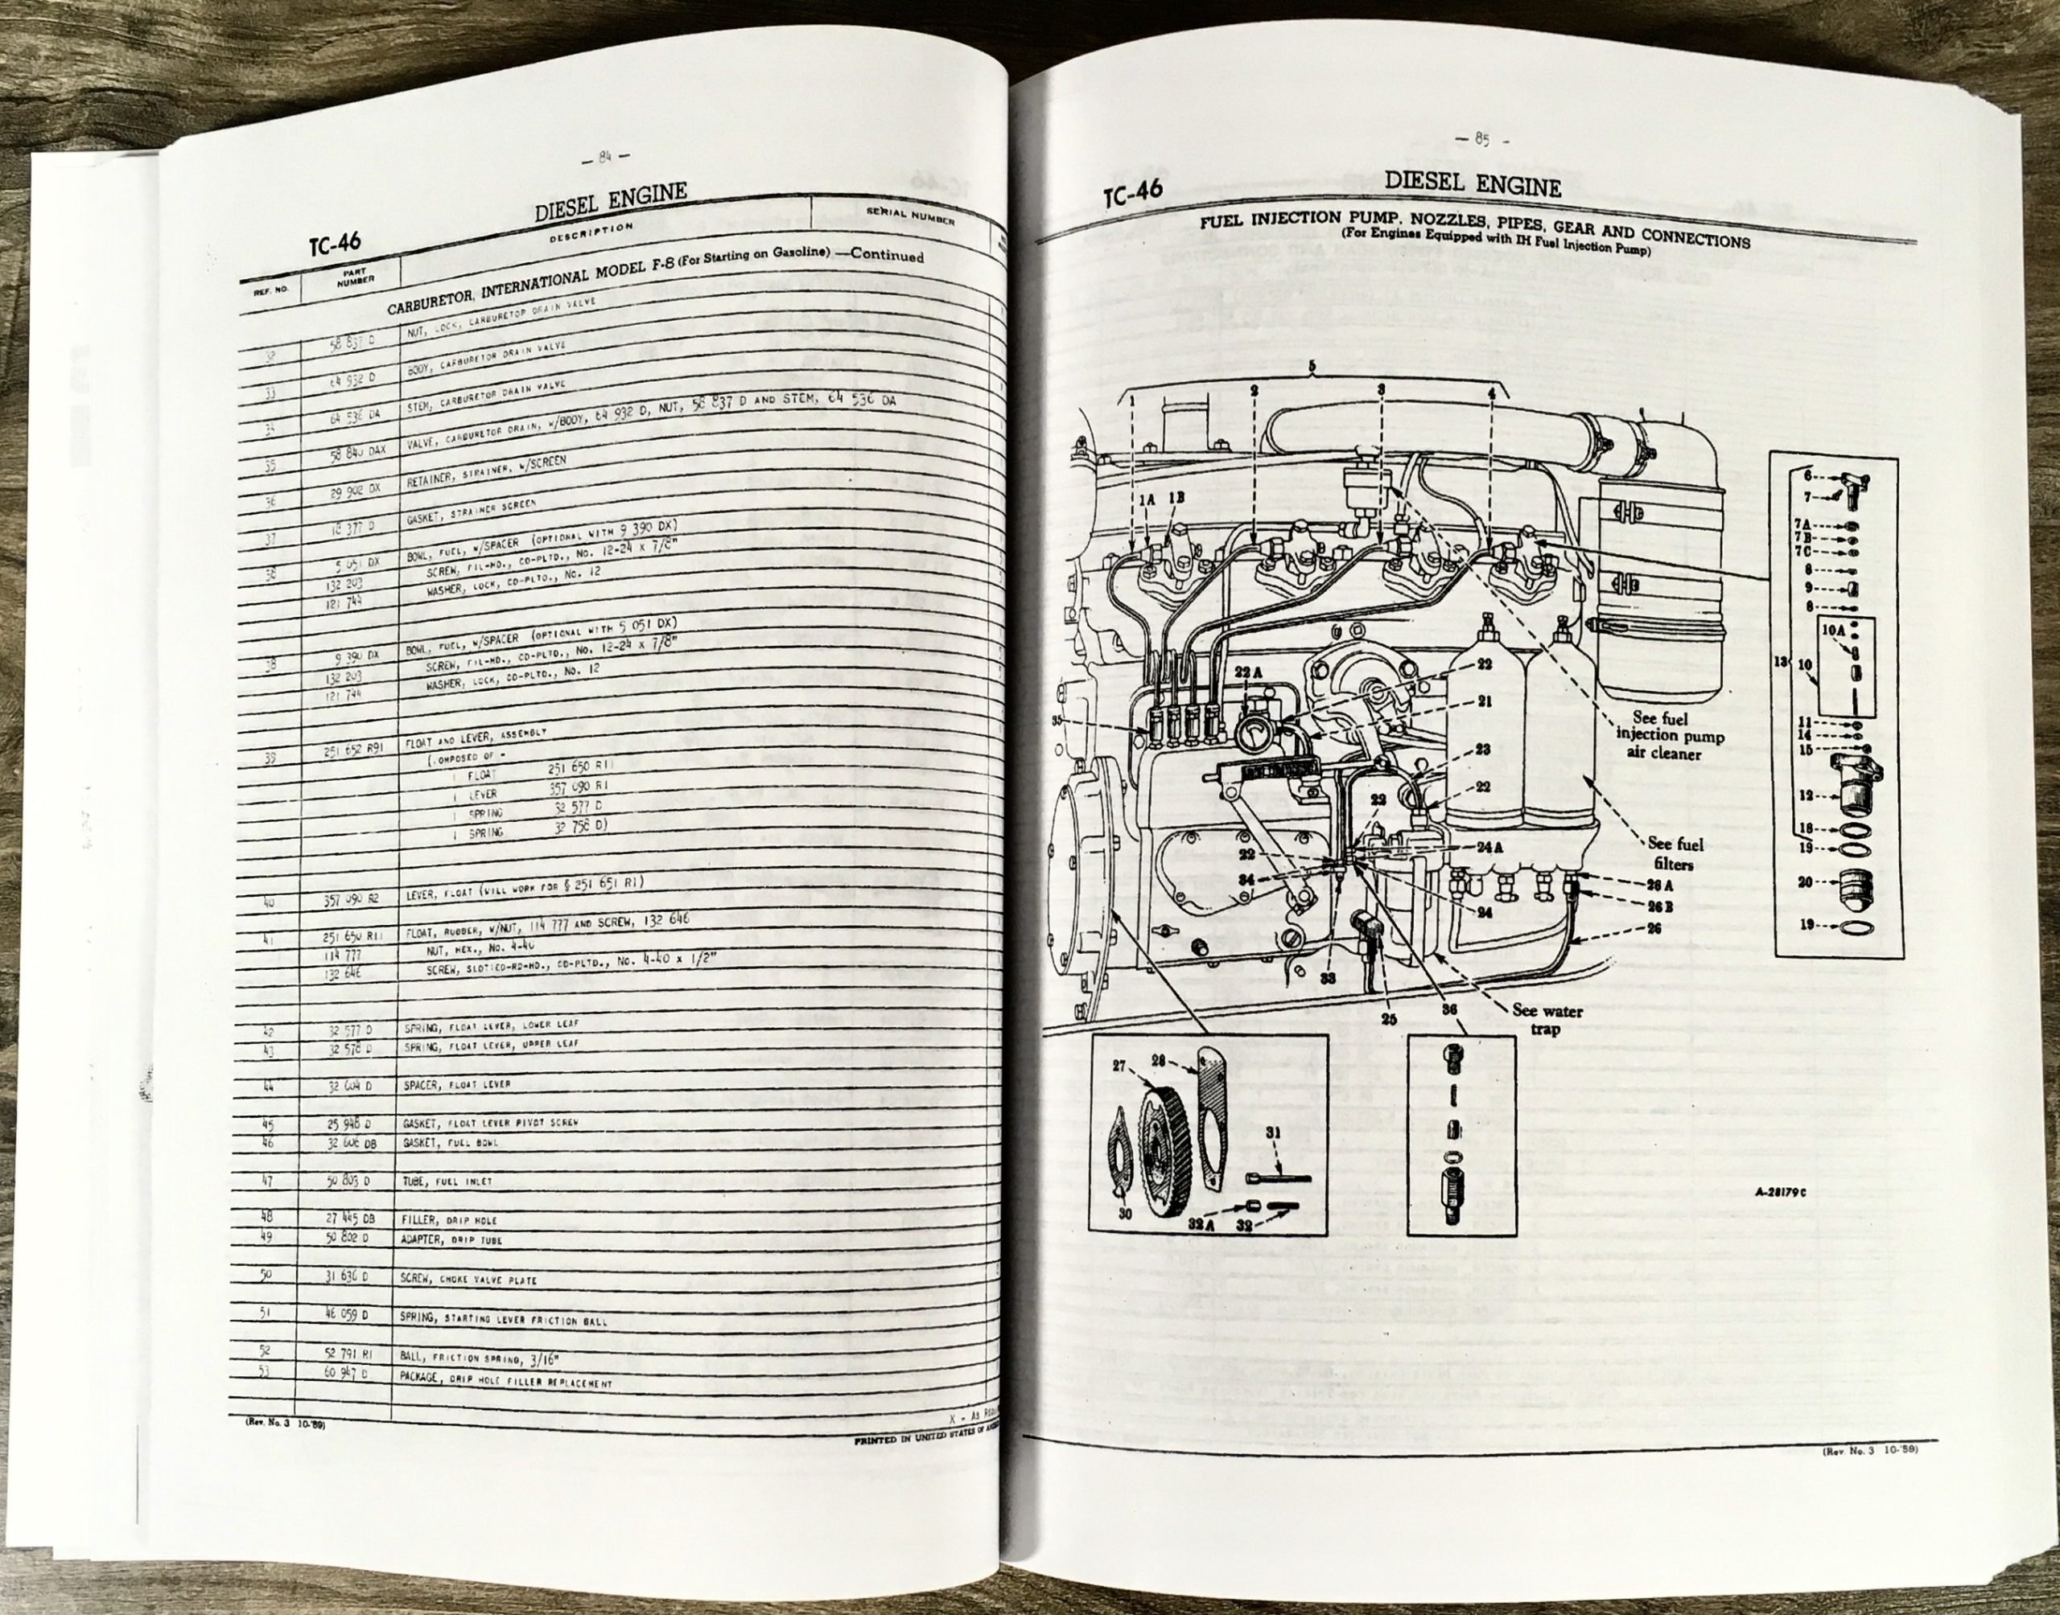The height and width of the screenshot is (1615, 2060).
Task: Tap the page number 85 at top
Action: [1480, 140]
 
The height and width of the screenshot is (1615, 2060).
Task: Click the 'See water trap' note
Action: [1547, 1019]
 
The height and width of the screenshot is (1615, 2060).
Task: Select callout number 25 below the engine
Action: [1388, 1021]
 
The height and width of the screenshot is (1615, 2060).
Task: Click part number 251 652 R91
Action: [352, 754]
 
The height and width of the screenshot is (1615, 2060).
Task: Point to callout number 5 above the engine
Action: [1312, 365]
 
